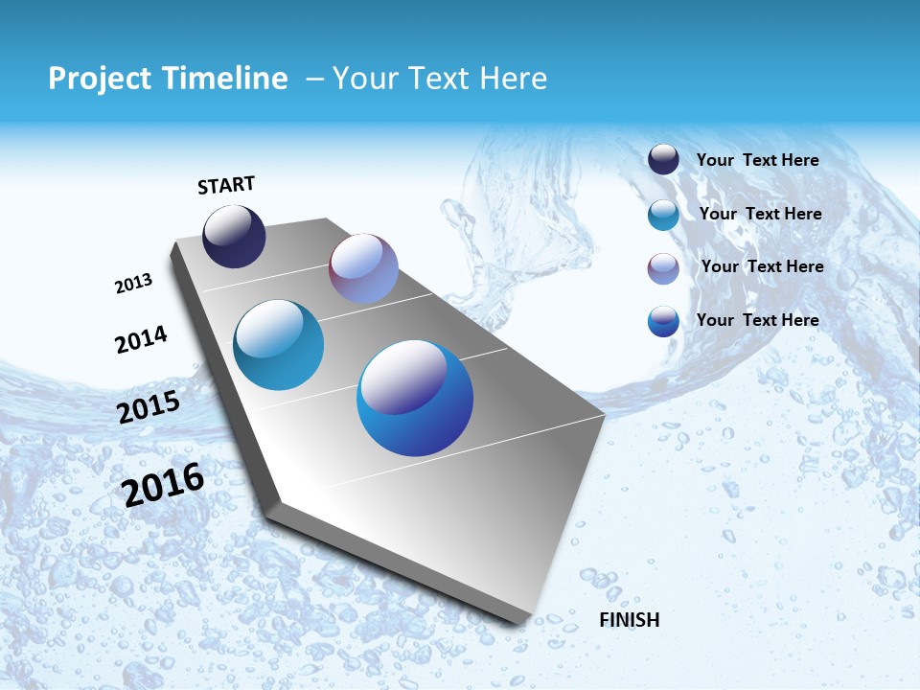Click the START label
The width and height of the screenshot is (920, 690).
click(x=226, y=185)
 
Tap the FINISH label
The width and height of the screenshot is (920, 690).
click(x=629, y=620)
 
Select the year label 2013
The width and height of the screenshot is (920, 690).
click(x=133, y=284)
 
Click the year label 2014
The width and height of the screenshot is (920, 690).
click(x=141, y=340)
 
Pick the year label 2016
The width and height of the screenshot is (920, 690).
click(x=163, y=485)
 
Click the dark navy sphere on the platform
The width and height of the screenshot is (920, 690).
click(x=234, y=237)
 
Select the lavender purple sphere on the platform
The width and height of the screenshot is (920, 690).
click(x=363, y=268)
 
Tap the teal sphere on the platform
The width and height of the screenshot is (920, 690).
click(x=278, y=345)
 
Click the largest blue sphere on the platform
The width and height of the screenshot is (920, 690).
click(x=415, y=398)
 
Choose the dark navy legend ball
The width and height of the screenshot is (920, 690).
click(x=663, y=160)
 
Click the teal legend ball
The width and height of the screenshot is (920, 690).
click(x=663, y=215)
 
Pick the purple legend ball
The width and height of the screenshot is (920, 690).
click(x=663, y=268)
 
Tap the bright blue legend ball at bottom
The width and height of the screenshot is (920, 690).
click(x=663, y=321)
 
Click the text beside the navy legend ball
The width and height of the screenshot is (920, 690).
click(x=757, y=160)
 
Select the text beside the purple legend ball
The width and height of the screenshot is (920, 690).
click(x=762, y=266)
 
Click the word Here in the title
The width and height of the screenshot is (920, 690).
click(x=513, y=79)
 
